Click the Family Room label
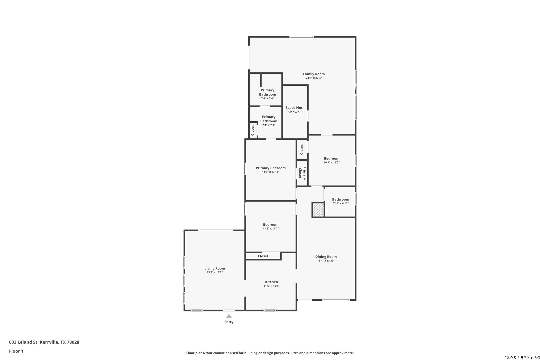[x=314, y=74]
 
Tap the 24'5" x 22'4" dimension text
[x=314, y=78]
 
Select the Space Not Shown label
[x=294, y=110]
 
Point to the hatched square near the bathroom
[x=318, y=210]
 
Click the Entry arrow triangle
[x=229, y=316]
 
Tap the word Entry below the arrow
[x=229, y=322]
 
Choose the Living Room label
[x=215, y=268]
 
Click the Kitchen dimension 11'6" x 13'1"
[x=271, y=286]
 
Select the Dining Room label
[x=326, y=257]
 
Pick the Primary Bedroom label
[x=271, y=168]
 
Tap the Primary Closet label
[x=302, y=173]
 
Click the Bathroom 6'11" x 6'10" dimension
[x=341, y=204]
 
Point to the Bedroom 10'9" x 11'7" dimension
[x=332, y=163]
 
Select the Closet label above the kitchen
[x=263, y=256]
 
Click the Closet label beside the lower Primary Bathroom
[x=253, y=130]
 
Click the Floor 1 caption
[x=16, y=351]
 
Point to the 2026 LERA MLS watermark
[x=522, y=357]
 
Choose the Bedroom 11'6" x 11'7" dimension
[x=271, y=229]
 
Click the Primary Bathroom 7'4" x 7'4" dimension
[x=268, y=99]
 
